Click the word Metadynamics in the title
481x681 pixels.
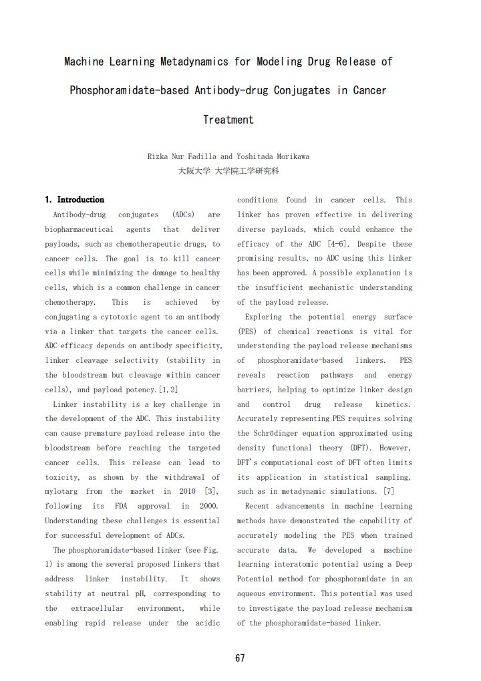pyautogui.click(x=195, y=61)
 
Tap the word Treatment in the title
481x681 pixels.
pyautogui.click(x=228, y=120)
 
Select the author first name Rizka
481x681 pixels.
pyautogui.click(x=159, y=156)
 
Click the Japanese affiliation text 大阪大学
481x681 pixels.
pyautogui.click(x=191, y=171)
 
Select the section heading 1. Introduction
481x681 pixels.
pyautogui.click(x=75, y=199)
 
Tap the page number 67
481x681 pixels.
pyautogui.click(x=240, y=658)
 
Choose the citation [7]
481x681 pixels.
pyautogui.click(x=387, y=492)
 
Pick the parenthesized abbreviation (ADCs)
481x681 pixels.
pyautogui.click(x=183, y=215)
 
